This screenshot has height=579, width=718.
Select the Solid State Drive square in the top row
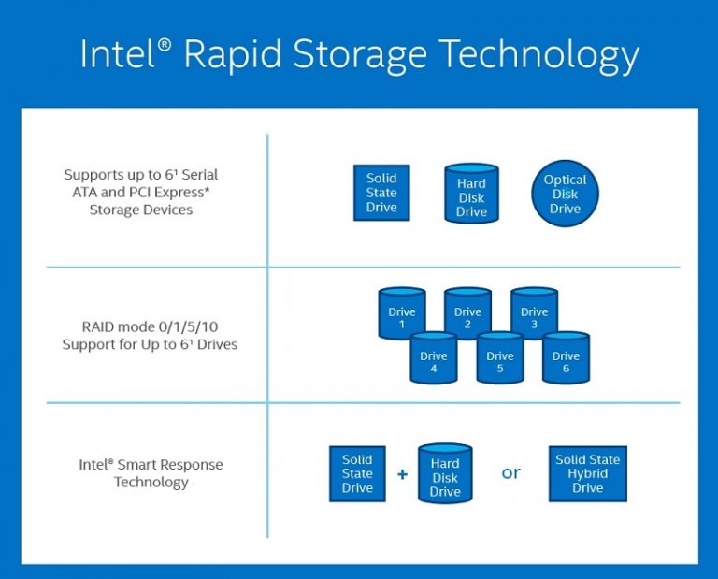pos(381,193)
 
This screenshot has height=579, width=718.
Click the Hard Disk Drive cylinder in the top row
pos(471,195)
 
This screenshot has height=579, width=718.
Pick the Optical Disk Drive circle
pos(565,194)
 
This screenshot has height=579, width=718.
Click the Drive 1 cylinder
pos(402,315)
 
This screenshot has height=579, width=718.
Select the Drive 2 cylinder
pos(467,315)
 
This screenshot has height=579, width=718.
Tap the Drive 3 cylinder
pos(534,315)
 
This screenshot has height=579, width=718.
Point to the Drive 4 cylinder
pos(434,358)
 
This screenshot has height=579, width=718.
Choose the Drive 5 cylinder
pos(500,358)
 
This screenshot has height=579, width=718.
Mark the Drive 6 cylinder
pos(566,358)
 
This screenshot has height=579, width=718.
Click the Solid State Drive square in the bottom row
pos(357,473)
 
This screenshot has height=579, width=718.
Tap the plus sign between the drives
pos(402,474)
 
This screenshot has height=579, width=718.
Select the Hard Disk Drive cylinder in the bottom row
pos(445,475)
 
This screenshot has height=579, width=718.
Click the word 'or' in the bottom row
pos(510,472)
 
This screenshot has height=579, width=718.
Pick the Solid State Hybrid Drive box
pos(587,473)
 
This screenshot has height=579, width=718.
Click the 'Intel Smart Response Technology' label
pos(151,473)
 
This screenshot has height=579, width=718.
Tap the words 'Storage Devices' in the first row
pos(141,210)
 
